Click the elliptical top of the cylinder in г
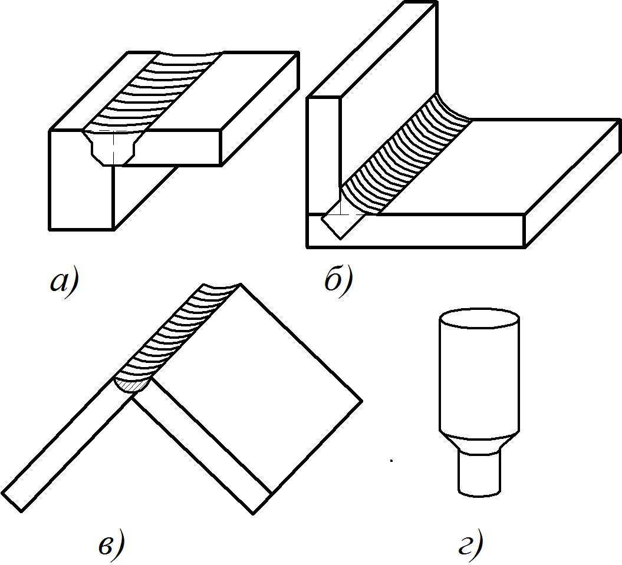pyautogui.click(x=479, y=319)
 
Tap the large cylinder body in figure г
pyautogui.click(x=479, y=377)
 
